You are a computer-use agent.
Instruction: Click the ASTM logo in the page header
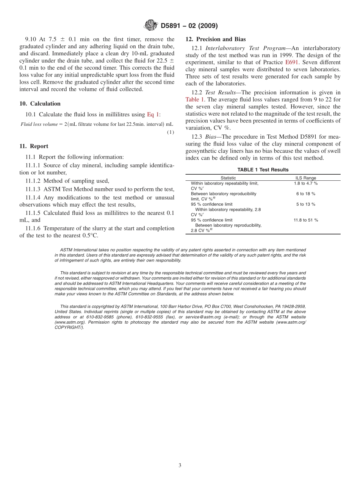pyautogui.click(x=151, y=25)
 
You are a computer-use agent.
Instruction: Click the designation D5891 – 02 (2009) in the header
pyautogui.click(x=189, y=26)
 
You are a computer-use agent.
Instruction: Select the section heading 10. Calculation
pyautogui.click(x=40, y=103)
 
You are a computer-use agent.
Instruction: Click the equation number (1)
pyautogui.click(x=171, y=132)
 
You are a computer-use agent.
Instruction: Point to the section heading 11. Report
pyautogui.click(x=34, y=146)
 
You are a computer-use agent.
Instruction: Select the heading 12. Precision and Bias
pyautogui.click(x=215, y=39)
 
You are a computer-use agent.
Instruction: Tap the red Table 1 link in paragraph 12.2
pyautogui.click(x=195, y=99)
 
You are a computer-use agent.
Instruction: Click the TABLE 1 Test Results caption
pyautogui.click(x=263, y=170)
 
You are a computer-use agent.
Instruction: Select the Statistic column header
pyautogui.click(x=228, y=178)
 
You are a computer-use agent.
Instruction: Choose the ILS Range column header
pyautogui.click(x=305, y=178)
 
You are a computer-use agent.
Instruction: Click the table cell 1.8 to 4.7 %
pyautogui.click(x=305, y=183)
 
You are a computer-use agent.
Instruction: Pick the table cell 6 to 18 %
pyautogui.click(x=305, y=194)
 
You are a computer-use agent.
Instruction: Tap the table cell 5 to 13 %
pyautogui.click(x=305, y=204)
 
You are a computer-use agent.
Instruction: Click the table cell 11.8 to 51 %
pyautogui.click(x=305, y=220)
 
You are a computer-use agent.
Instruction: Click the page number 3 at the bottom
pyautogui.click(x=180, y=465)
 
